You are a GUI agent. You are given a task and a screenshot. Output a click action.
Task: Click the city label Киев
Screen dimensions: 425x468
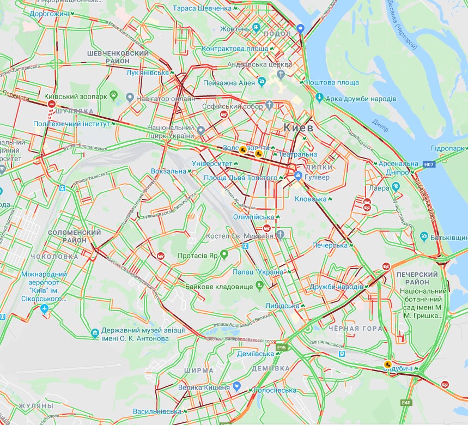(x=298, y=127)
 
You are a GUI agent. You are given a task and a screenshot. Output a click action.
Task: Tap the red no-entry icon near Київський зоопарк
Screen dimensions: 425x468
(x=52, y=104)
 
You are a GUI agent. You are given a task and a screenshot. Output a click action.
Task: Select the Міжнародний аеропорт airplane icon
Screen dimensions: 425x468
(x=45, y=309)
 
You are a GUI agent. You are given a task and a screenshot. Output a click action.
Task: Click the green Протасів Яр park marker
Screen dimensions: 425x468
(x=223, y=254)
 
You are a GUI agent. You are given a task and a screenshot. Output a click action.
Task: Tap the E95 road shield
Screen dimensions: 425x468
(x=281, y=347)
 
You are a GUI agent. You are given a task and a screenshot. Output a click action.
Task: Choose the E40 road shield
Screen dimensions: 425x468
(x=406, y=403)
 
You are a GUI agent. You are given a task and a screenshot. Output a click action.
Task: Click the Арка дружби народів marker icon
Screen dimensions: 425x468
(x=319, y=98)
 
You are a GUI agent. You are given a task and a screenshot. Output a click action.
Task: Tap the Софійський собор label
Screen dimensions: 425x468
(x=232, y=107)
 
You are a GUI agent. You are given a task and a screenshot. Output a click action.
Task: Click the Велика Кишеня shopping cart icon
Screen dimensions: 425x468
(x=236, y=386)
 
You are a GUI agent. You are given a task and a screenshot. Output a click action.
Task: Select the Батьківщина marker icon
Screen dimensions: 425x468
(x=424, y=236)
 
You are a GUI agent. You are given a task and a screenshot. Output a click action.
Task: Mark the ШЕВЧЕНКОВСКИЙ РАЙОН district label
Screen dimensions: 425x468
(x=118, y=57)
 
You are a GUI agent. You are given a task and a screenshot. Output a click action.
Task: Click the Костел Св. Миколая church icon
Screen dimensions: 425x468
(x=280, y=235)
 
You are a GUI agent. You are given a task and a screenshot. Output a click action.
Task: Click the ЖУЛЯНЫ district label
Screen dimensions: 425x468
(x=35, y=406)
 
